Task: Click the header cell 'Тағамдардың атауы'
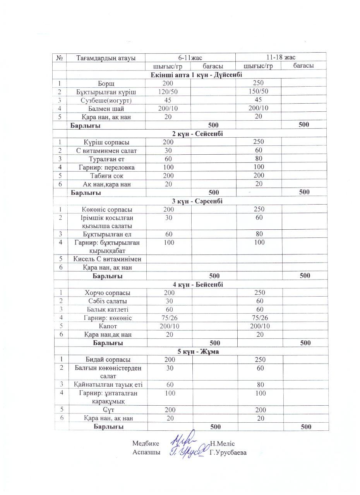(106, 58)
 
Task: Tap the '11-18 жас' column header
(281, 57)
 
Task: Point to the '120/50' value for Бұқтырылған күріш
(168, 91)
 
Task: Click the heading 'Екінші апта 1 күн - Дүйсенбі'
(196, 75)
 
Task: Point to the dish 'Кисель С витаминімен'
(107, 259)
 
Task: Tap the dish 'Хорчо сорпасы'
(107, 293)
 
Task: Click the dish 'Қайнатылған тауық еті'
(107, 384)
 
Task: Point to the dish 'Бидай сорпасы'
(107, 360)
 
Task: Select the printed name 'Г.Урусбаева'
(228, 452)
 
